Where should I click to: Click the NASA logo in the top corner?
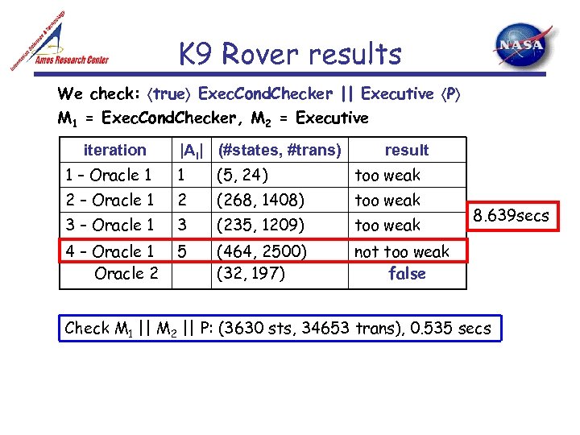click(524, 48)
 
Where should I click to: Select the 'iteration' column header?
click(115, 150)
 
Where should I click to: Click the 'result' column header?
click(407, 150)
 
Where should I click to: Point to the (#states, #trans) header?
click(280, 150)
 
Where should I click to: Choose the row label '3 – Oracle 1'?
click(110, 225)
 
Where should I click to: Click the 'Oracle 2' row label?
click(126, 273)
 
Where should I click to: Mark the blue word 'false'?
click(407, 274)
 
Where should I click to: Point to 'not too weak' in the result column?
click(402, 251)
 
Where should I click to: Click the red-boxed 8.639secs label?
click(511, 216)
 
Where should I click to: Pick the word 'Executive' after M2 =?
click(332, 118)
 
